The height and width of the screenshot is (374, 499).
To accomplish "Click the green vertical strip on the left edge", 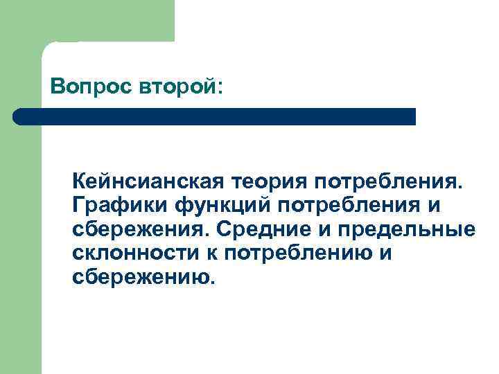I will click(x=21, y=242).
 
